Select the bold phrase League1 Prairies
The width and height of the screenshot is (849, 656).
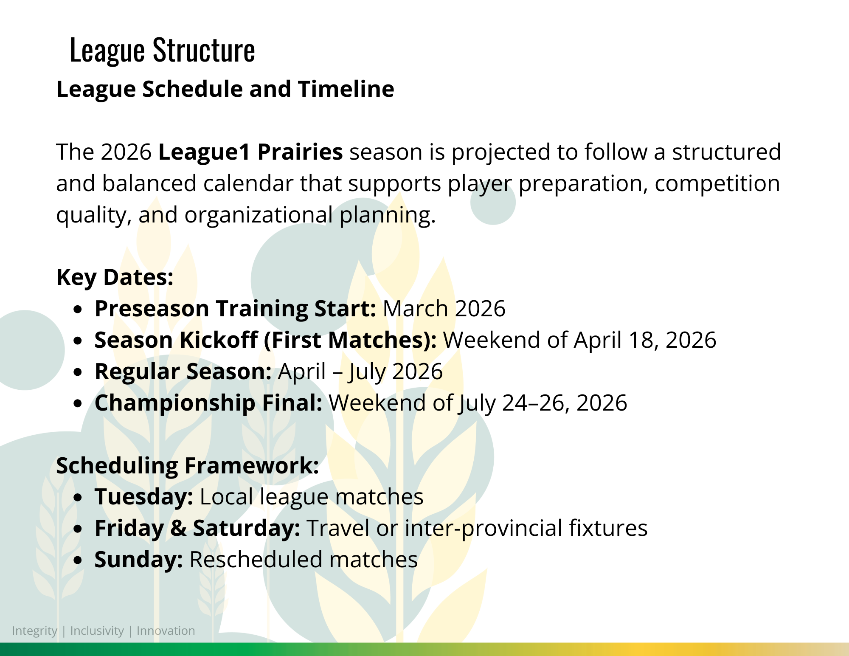click(x=250, y=152)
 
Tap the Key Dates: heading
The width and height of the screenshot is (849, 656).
click(x=115, y=277)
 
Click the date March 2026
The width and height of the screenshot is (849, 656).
click(x=444, y=308)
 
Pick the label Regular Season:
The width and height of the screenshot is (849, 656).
click(x=183, y=372)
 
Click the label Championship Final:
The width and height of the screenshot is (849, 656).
click(x=208, y=403)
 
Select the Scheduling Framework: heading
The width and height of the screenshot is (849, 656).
click(x=188, y=465)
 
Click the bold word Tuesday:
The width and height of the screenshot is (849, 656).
click(x=144, y=497)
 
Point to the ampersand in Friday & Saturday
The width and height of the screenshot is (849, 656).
click(x=178, y=529)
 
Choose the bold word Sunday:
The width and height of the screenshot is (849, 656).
click(x=139, y=560)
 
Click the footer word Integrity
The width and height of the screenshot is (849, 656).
click(x=34, y=631)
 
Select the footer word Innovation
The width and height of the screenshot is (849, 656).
click(x=166, y=631)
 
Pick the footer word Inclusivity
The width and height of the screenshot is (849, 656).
click(x=97, y=631)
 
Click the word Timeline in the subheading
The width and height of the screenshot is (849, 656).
click(x=346, y=89)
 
